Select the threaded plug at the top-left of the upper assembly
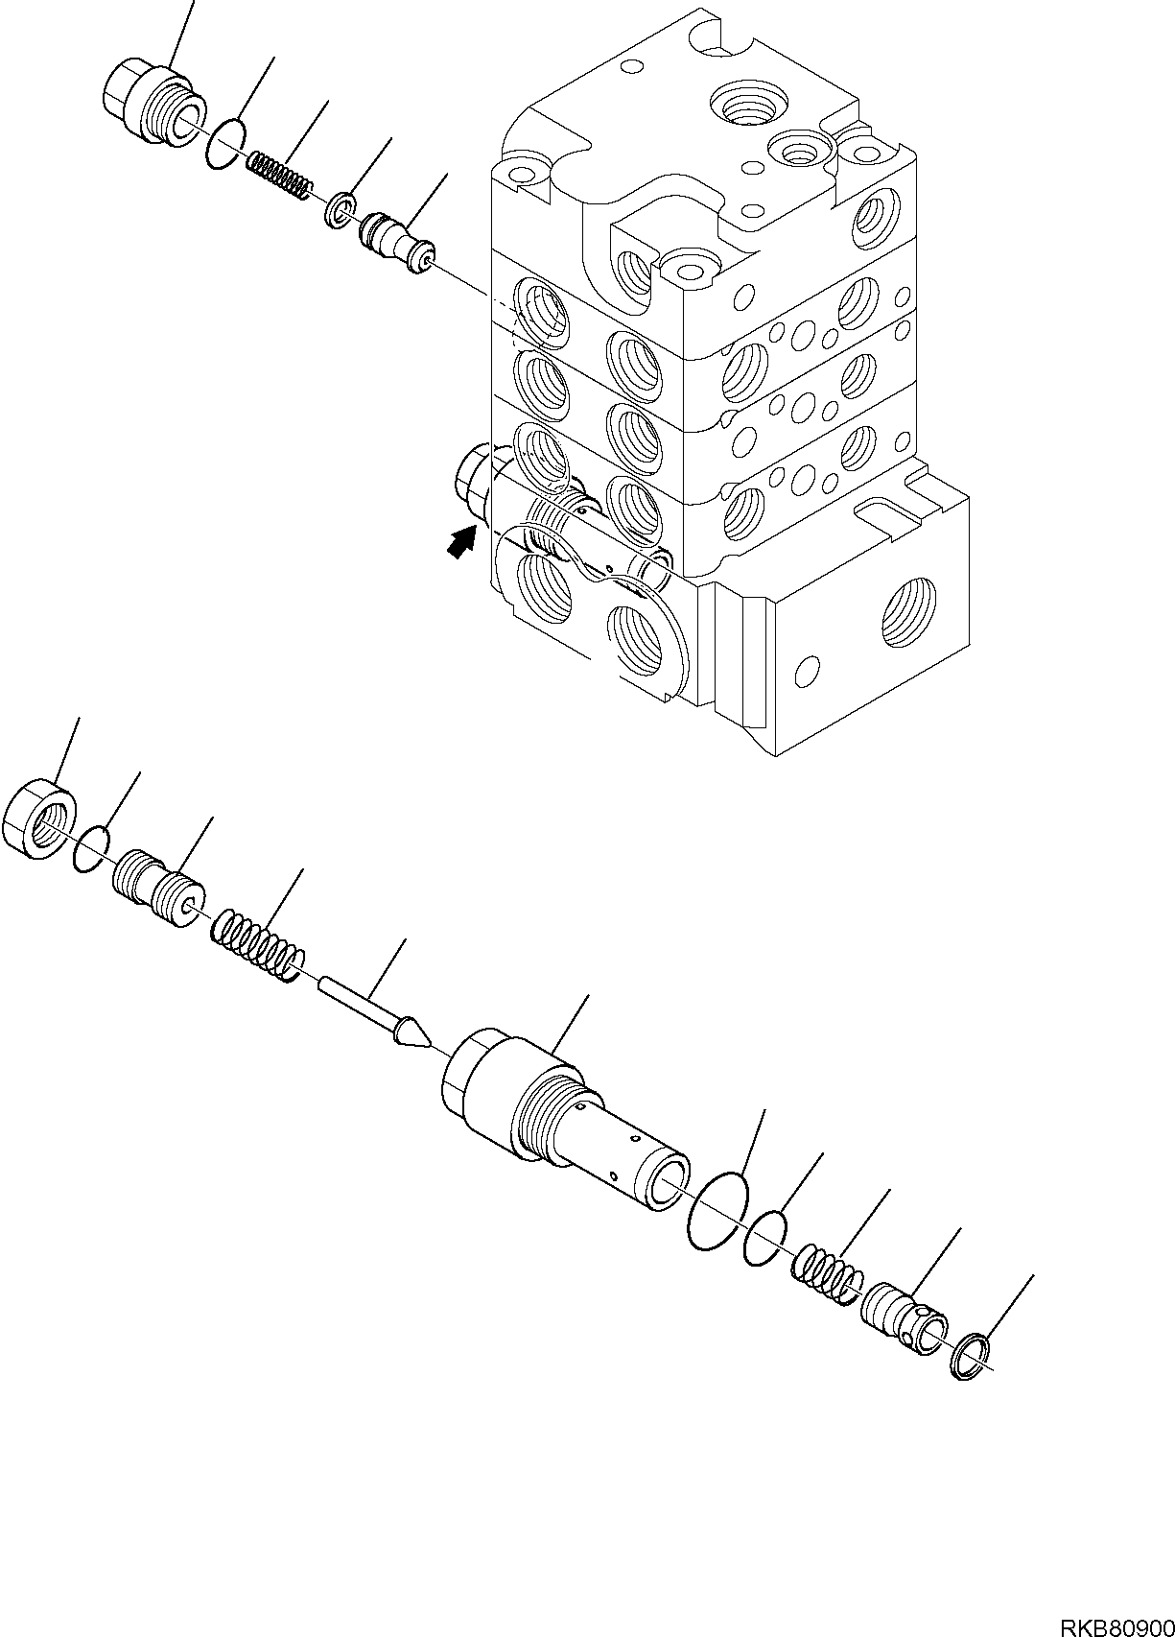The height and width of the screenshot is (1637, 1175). tap(148, 106)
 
